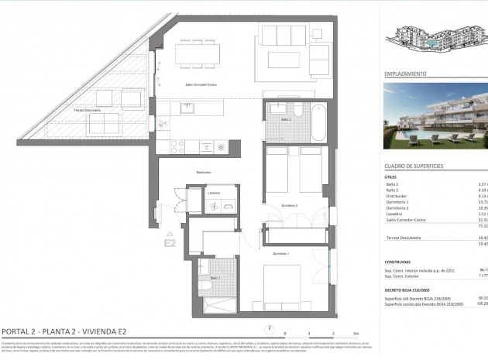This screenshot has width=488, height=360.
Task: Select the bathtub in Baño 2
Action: (x=318, y=120)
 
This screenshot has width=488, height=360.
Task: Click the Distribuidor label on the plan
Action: (x=204, y=172)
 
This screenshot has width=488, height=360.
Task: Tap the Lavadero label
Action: (x=215, y=193)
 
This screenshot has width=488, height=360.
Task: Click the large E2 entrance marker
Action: (x=170, y=242)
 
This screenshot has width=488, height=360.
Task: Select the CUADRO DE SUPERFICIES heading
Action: (x=414, y=166)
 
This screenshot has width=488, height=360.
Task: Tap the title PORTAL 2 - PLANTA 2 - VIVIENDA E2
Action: (x=64, y=331)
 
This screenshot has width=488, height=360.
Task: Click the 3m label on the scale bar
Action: (x=355, y=332)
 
